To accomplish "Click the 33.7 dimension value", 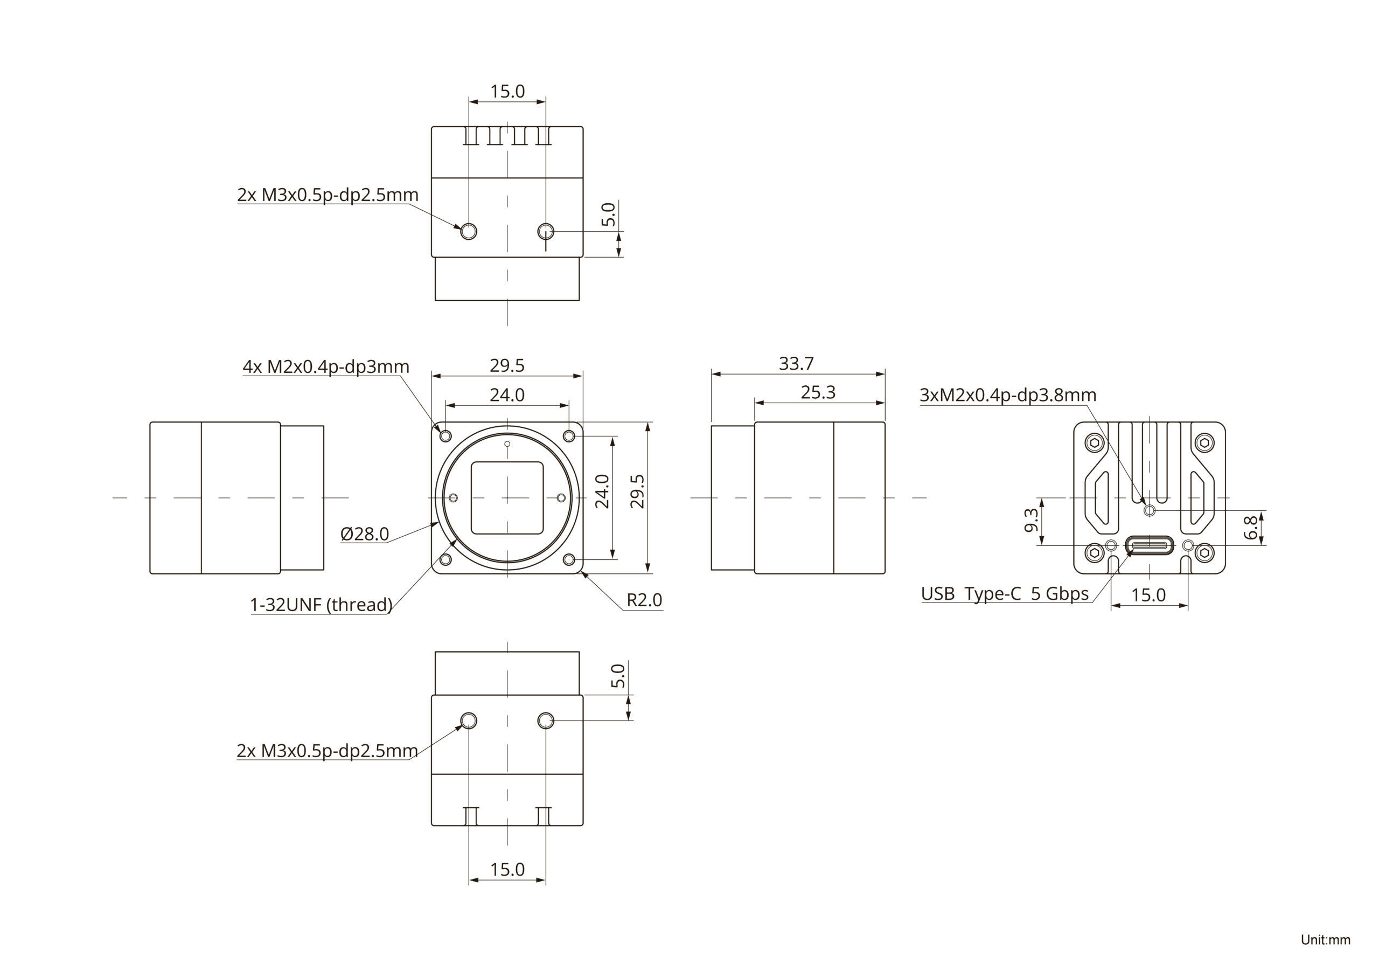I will [x=796, y=364].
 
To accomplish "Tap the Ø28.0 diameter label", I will [x=365, y=533].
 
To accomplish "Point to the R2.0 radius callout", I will [x=644, y=600].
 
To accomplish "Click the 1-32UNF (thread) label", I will [x=321, y=605].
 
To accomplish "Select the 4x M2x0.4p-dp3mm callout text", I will [x=325, y=366].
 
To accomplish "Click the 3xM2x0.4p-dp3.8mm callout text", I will [x=1008, y=395].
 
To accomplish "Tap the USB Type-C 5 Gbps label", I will [x=1004, y=594].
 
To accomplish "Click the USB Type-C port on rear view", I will [x=1149, y=545].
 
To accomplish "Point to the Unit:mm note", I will [x=1325, y=940].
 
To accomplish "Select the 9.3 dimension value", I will [x=1030, y=521].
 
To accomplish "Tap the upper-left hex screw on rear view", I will [x=1094, y=444].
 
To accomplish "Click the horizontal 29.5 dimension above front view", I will [x=507, y=365].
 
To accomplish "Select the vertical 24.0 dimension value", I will [x=602, y=491].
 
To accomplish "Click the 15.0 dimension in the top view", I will [x=507, y=92].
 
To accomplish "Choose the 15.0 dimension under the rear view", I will [x=1148, y=595].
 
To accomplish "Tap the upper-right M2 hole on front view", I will [x=569, y=435].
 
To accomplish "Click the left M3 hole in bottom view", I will [x=469, y=720].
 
